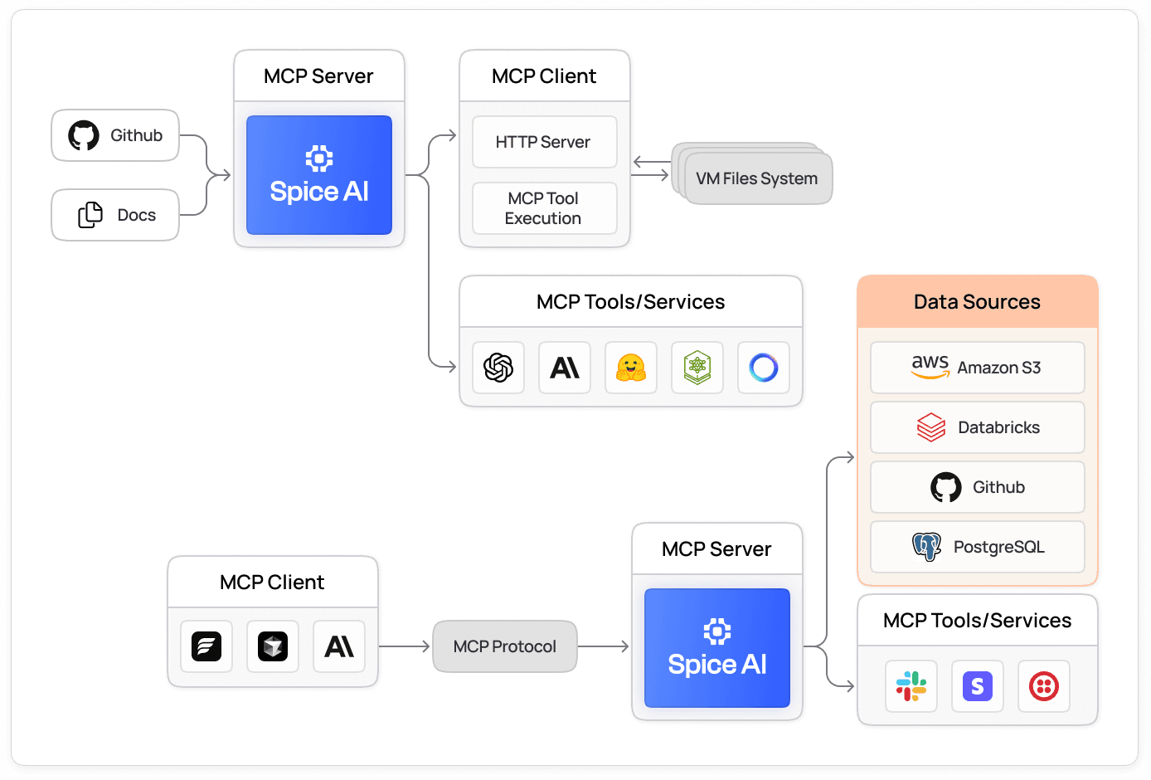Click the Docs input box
click(x=115, y=215)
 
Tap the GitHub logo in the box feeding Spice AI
click(x=84, y=135)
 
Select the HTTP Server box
click(x=544, y=142)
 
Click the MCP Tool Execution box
click(x=544, y=208)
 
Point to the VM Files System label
click(x=756, y=178)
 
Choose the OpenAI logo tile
click(x=498, y=368)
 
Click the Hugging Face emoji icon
click(x=631, y=368)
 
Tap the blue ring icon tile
click(x=764, y=368)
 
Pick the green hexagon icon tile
click(x=697, y=368)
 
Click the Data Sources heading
click(x=977, y=302)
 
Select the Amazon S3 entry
click(x=977, y=368)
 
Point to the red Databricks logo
click(x=931, y=427)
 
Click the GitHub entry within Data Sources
click(x=977, y=487)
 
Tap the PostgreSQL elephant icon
click(x=927, y=547)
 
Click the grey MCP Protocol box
click(x=504, y=646)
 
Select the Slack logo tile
click(x=911, y=686)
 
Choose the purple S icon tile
click(x=978, y=686)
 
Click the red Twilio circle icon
click(x=1044, y=686)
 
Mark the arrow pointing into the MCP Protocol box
click(x=406, y=646)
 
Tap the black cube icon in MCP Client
click(x=273, y=646)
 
